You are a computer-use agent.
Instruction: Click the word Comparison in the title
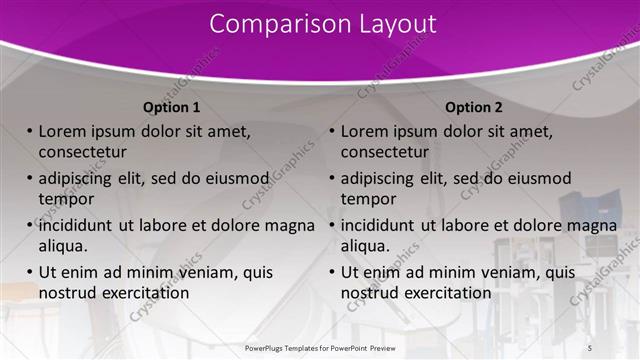269,24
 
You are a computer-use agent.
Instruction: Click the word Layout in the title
390,24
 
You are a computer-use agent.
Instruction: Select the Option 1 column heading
172,107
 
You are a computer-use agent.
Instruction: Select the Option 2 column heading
474,107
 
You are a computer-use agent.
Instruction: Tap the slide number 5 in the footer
589,346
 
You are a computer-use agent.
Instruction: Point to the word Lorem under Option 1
62,131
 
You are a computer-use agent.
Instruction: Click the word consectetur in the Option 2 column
384,152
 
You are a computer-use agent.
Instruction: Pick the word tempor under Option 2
369,198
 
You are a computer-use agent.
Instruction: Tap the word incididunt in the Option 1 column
76,225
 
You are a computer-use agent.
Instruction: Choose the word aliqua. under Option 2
366,245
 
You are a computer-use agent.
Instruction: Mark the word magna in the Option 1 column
291,225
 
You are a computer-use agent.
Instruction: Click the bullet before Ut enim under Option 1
30,272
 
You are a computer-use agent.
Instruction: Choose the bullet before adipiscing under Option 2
332,178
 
